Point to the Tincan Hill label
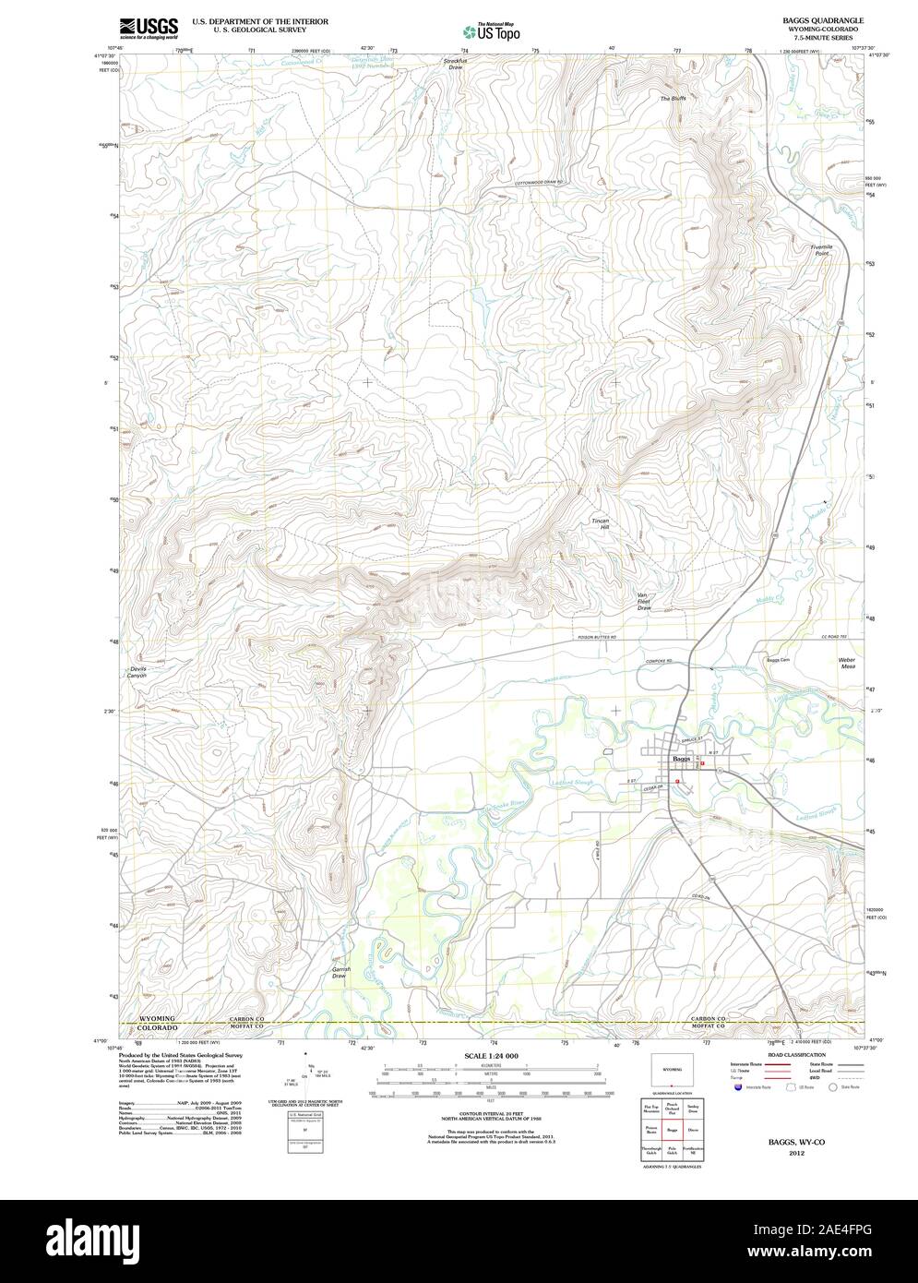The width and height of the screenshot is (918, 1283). pyautogui.click(x=601, y=524)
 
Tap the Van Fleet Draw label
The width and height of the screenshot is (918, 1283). pyautogui.click(x=644, y=602)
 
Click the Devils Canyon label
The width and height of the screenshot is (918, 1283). pyautogui.click(x=137, y=672)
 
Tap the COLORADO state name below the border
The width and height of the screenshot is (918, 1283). pyautogui.click(x=158, y=1028)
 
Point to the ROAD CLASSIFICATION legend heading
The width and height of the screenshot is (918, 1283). pyautogui.click(x=790, y=1054)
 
